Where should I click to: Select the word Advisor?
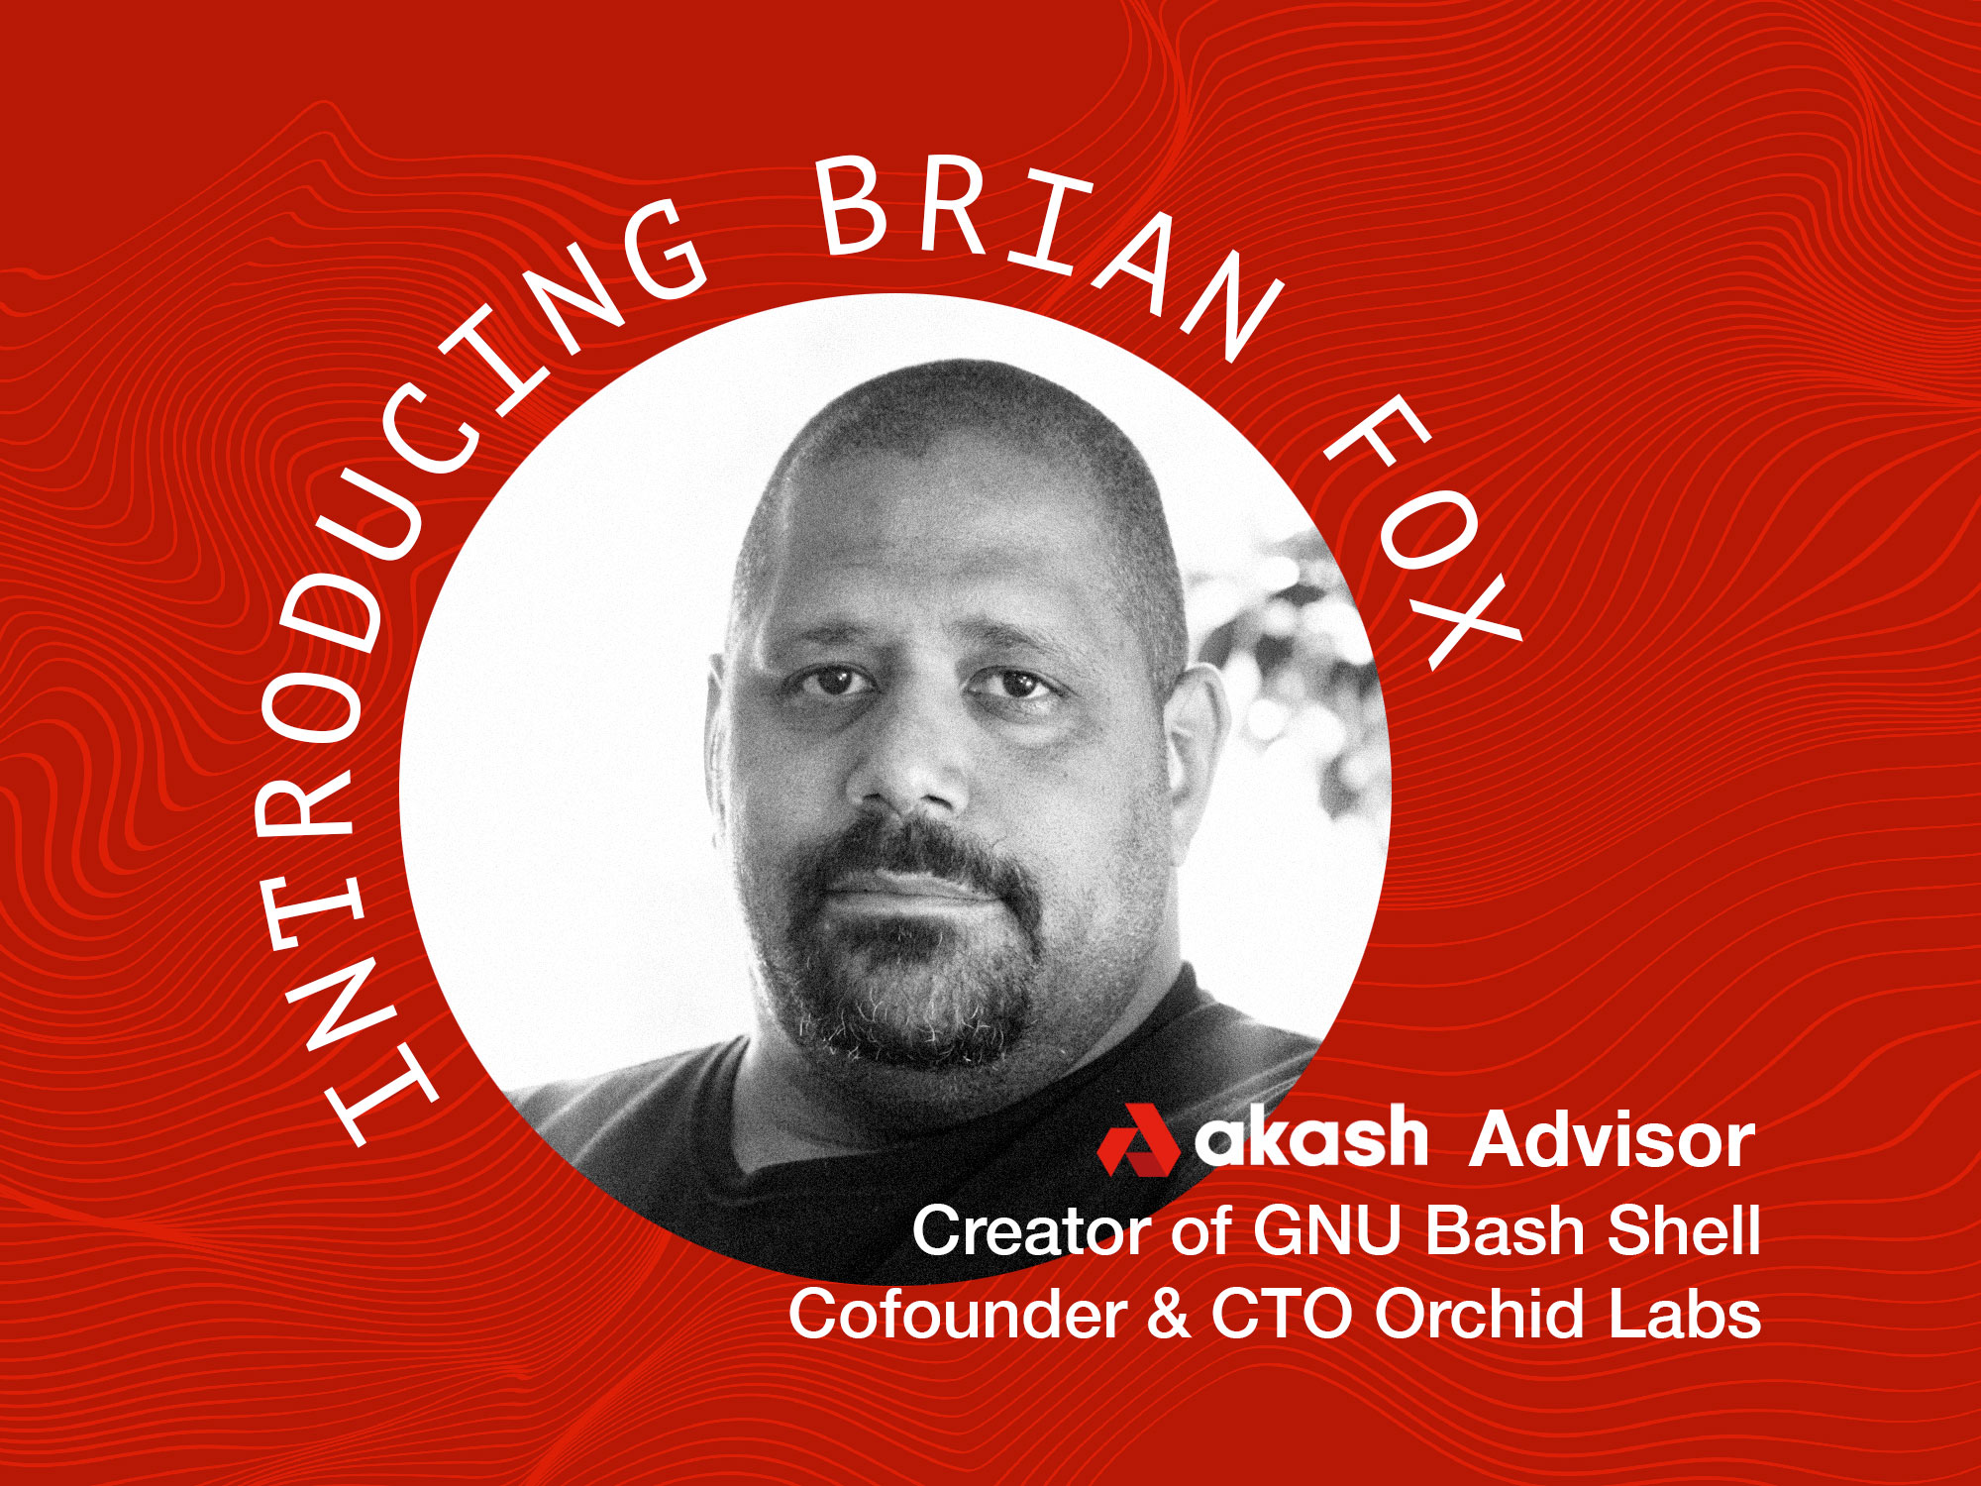point(1613,1140)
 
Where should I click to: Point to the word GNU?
point(1327,1231)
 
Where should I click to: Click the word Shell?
point(1683,1230)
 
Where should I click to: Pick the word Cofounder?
point(957,1315)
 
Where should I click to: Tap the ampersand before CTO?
point(1169,1316)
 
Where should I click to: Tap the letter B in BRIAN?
point(853,205)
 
